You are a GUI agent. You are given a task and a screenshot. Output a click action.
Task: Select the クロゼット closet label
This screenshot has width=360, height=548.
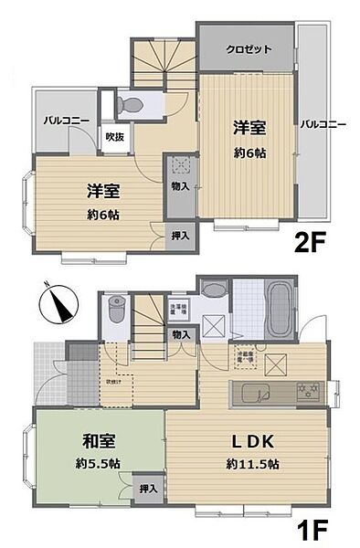point(249,49)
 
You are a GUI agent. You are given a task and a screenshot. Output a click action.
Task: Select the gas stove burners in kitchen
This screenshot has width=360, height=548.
point(307,393)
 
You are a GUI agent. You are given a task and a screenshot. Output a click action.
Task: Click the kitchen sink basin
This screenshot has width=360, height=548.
point(259,394)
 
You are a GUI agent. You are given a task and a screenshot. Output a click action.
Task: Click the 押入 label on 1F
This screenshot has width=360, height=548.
point(147,490)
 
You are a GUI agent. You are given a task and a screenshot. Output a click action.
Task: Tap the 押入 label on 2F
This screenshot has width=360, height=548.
point(180,236)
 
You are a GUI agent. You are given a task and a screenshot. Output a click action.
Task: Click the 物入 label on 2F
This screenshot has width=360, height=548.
point(180,186)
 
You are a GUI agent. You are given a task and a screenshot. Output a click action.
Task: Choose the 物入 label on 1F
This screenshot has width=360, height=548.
point(181,335)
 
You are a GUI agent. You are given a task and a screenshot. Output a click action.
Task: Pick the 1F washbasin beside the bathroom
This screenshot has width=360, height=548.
point(213,291)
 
